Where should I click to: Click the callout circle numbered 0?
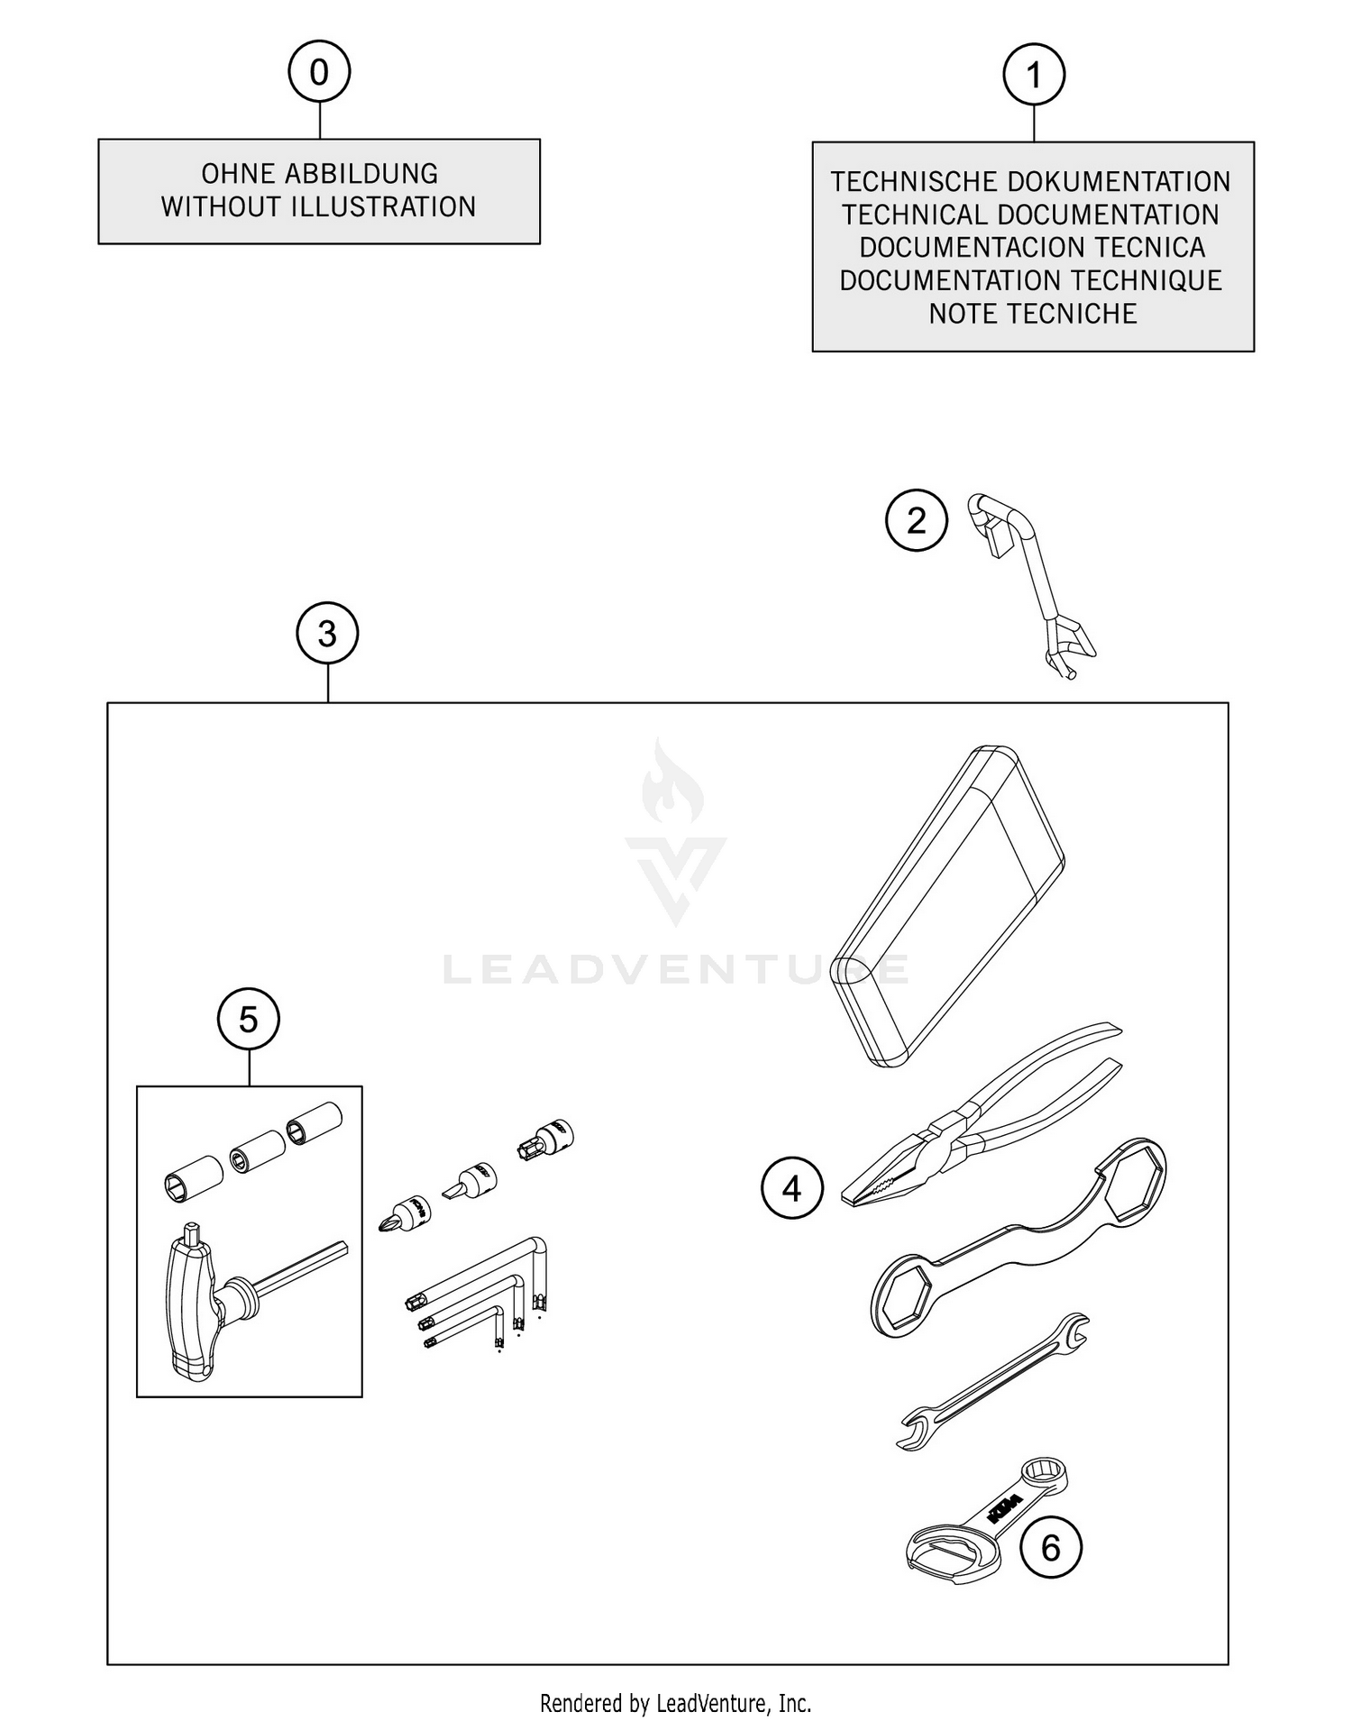[319, 72]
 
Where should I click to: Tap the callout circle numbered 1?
[1034, 75]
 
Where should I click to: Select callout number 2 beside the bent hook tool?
[917, 521]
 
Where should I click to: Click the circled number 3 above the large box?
[327, 634]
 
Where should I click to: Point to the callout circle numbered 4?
[792, 1189]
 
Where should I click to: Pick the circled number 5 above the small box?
[249, 1020]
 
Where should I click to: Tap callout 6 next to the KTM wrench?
[1051, 1549]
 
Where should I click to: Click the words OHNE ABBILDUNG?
[319, 173]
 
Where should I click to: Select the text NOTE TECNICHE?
[1033, 314]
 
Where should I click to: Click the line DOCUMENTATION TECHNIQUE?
[1030, 280]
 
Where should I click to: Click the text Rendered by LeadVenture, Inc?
[675, 1703]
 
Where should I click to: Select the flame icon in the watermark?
[672, 783]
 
